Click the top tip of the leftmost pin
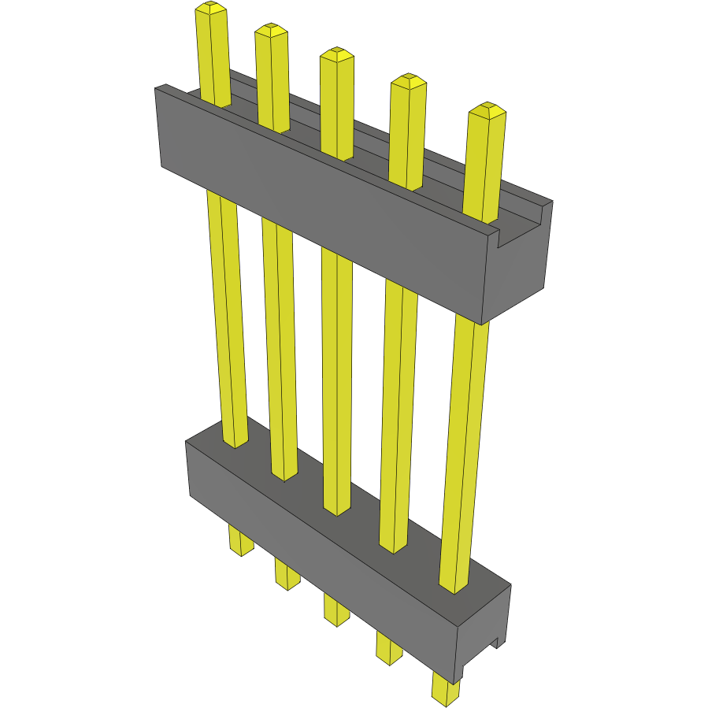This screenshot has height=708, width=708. (211, 8)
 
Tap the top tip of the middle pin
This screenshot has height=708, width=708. (336, 54)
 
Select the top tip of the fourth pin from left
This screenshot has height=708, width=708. (408, 80)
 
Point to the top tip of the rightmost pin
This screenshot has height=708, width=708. (487, 109)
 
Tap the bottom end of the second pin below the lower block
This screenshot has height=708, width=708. (287, 584)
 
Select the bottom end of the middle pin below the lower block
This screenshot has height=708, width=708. (337, 620)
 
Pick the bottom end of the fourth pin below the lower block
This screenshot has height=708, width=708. (388, 658)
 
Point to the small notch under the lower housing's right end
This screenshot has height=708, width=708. (499, 644)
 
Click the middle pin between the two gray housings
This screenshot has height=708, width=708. (337, 378)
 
